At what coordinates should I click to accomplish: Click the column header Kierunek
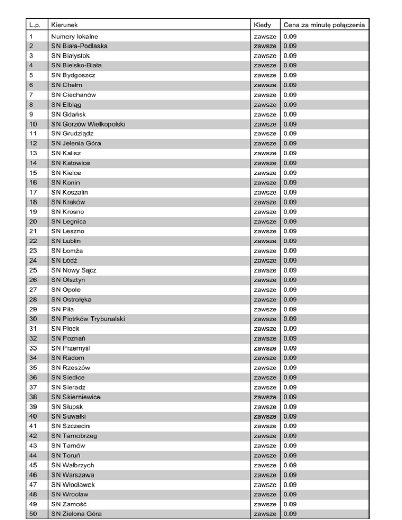coord(65,25)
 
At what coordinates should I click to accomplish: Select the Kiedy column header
coord(261,25)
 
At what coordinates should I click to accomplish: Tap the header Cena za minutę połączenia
coord(323,25)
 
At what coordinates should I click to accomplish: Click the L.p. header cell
coord(36,25)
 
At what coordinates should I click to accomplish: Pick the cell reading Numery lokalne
coord(76,37)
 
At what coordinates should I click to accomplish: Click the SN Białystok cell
coord(72,56)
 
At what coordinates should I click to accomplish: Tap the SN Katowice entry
coord(71,163)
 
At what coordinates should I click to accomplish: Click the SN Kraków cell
coord(68,202)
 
